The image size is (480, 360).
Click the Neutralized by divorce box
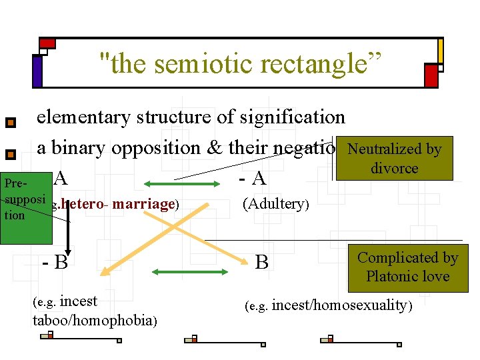point(395,159)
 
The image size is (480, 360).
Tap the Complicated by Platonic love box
point(407,267)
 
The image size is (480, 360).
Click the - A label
point(253,179)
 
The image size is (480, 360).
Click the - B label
point(55,261)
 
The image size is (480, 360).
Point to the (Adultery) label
point(275,203)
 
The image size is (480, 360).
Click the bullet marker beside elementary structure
point(10,123)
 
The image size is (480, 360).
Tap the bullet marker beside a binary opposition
point(10,155)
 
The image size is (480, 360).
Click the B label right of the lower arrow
point(262,262)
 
